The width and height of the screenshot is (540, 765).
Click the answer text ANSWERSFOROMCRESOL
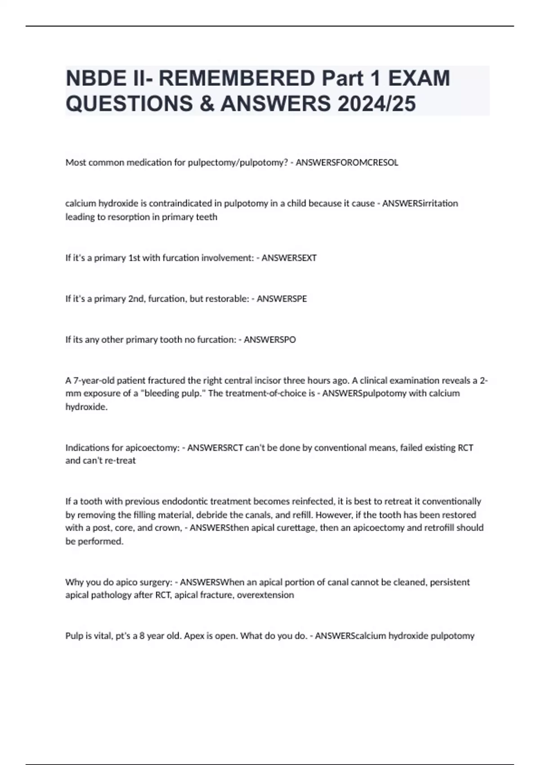[x=347, y=162]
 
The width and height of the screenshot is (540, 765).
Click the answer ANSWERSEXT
[x=289, y=258]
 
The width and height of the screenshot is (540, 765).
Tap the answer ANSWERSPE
[x=282, y=299]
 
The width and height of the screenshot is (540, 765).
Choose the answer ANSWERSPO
[x=270, y=340]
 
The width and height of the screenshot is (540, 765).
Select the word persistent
[x=450, y=582]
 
